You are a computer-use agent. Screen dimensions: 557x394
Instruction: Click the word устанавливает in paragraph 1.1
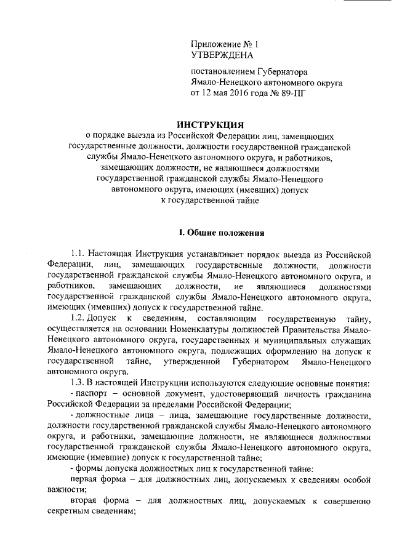pos(193,254)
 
